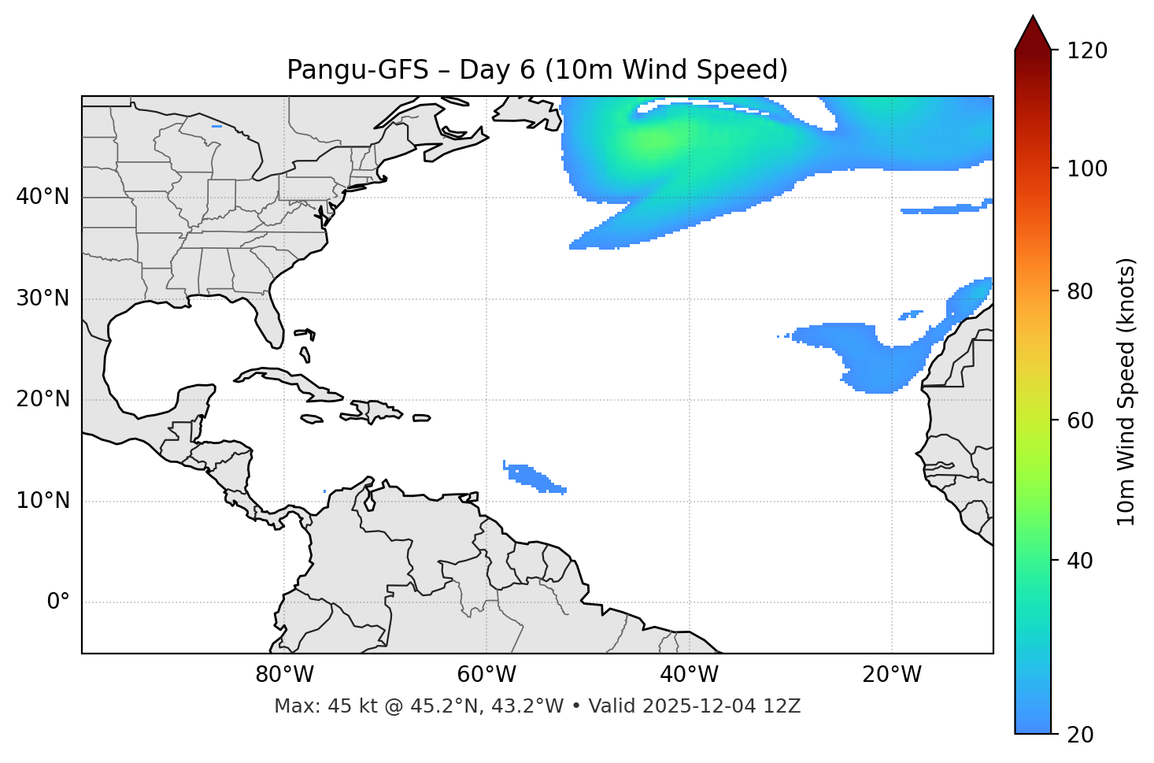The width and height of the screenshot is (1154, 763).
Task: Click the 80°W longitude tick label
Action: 284,675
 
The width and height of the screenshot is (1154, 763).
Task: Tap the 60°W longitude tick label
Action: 486,675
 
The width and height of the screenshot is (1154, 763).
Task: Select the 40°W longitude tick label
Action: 689,675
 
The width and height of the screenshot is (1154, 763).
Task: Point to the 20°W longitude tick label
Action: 891,675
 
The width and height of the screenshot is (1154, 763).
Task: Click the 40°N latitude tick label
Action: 43,197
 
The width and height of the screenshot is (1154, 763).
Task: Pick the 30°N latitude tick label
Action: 43,298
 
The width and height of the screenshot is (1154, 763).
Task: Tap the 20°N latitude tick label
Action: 43,399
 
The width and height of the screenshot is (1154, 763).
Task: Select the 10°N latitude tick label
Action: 43,501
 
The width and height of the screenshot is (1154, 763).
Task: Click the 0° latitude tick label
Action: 58,602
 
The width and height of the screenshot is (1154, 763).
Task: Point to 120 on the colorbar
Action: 1086,51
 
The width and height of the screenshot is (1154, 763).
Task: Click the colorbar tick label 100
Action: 1086,169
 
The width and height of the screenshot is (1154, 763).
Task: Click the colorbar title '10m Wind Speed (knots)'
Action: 1126,391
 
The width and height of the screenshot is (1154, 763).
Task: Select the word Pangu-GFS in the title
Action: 357,70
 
